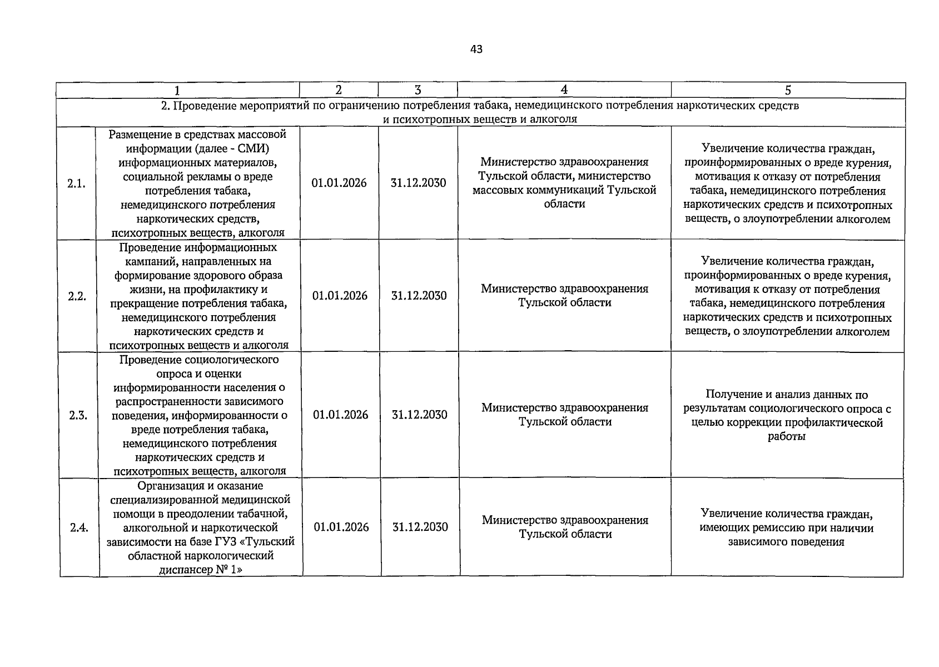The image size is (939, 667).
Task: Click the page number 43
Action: click(476, 49)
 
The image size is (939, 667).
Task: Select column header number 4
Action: click(564, 90)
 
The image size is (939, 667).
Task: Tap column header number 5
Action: click(788, 91)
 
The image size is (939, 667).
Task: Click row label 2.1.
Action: click(76, 184)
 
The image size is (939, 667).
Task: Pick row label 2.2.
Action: click(77, 296)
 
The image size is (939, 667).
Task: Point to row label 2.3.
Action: click(78, 415)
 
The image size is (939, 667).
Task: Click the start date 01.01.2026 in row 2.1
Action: click(339, 183)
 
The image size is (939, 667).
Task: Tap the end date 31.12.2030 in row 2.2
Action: click(419, 296)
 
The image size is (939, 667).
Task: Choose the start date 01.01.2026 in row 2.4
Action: click(341, 527)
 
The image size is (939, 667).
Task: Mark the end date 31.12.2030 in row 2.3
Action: click(419, 415)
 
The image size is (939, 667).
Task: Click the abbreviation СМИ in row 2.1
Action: click(248, 148)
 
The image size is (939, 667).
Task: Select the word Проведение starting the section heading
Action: click(201, 106)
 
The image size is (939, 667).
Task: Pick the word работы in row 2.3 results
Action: click(786, 436)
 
